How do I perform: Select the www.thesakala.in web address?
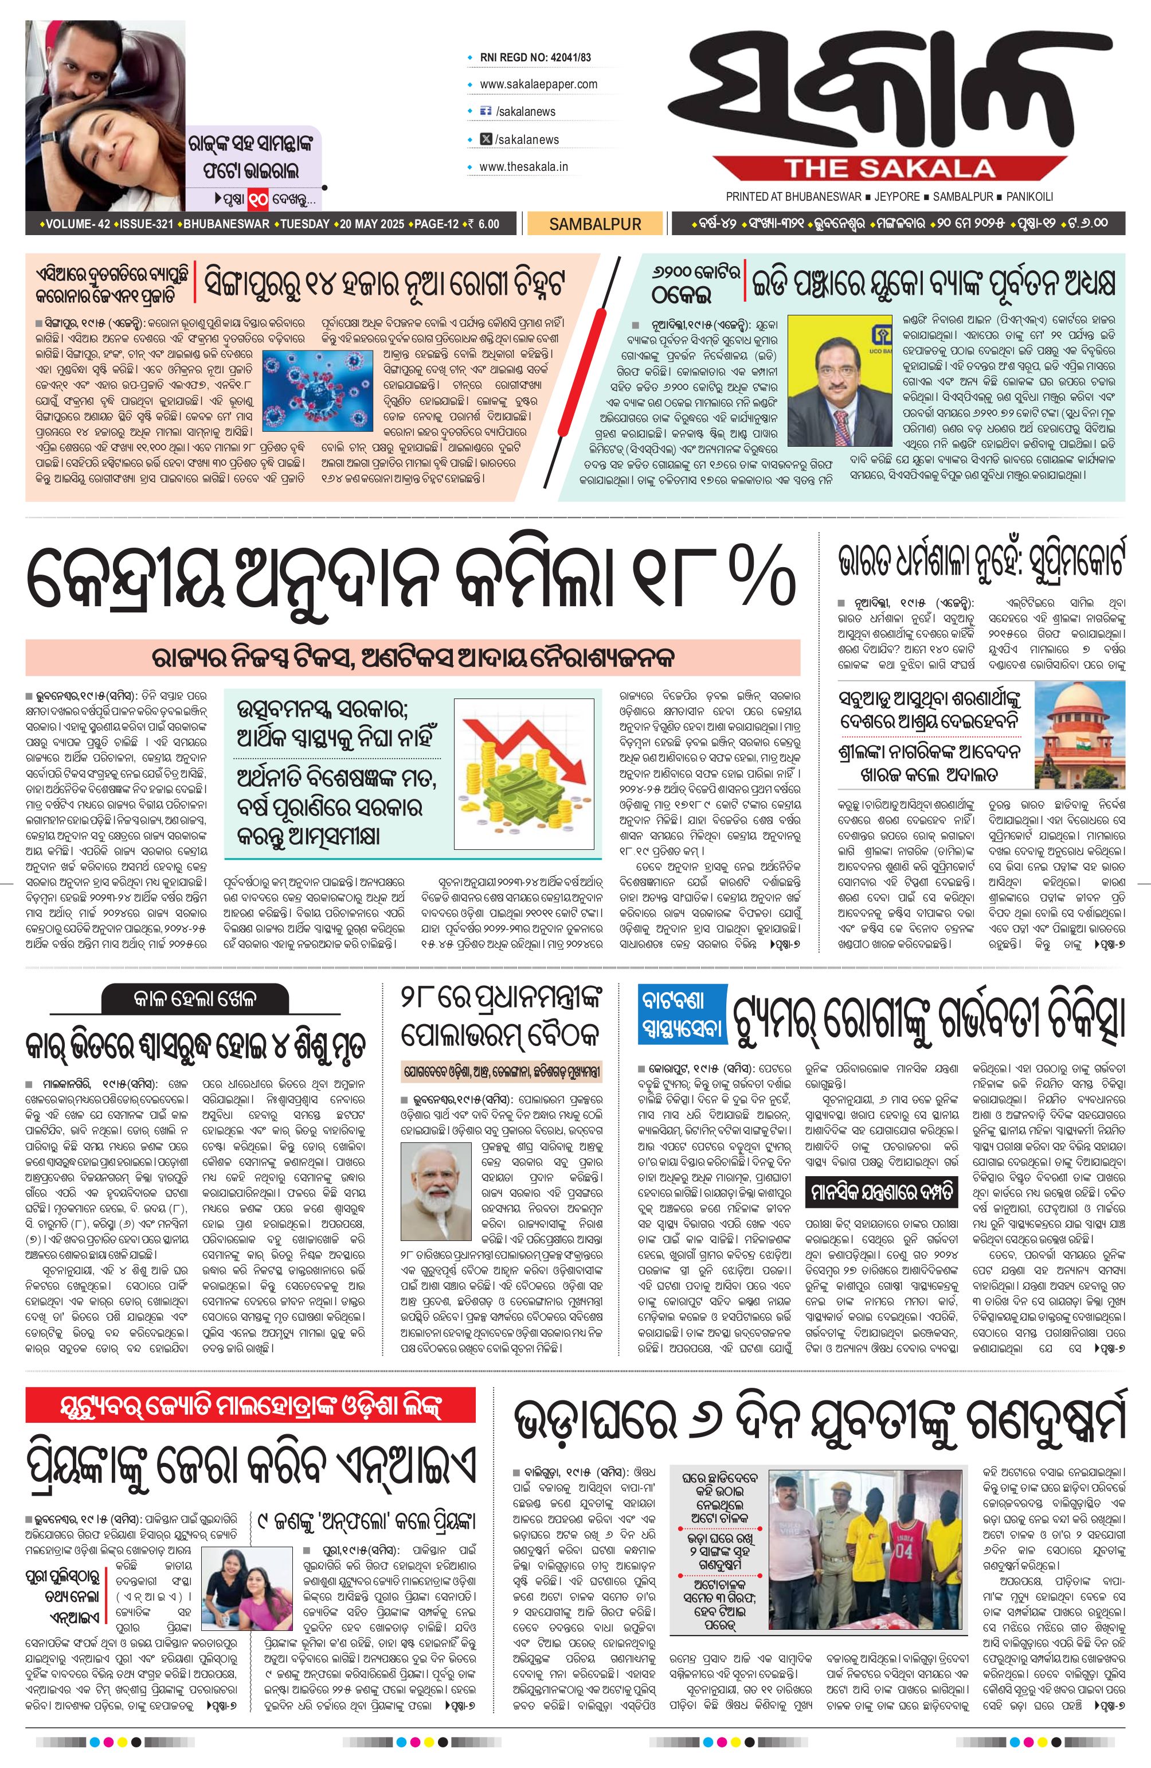tap(523, 166)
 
